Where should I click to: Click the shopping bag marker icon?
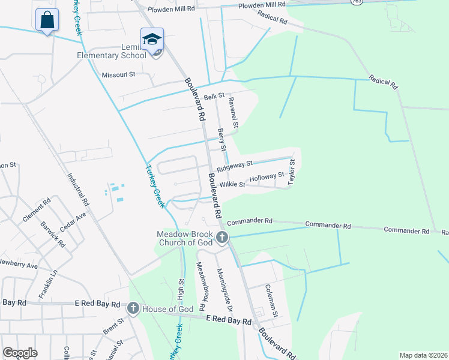(47, 20)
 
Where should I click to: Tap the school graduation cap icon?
(152, 40)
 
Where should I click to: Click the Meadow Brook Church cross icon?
(222, 238)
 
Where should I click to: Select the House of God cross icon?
(133, 309)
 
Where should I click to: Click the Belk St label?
(214, 96)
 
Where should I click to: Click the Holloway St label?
(267, 178)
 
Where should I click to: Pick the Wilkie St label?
(232, 185)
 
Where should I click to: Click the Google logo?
(20, 353)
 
